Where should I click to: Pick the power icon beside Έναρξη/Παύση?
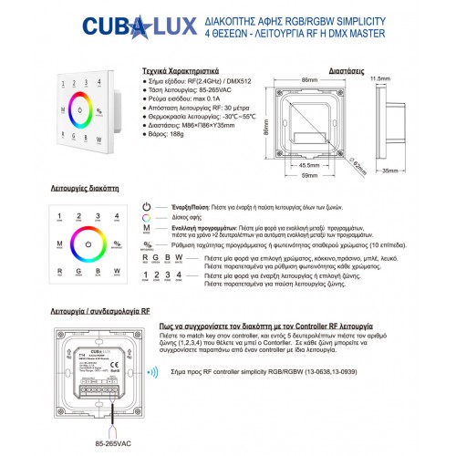[148, 208]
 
